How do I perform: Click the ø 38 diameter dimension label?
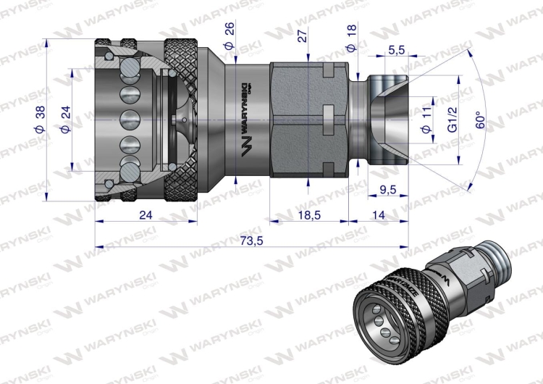pos(40,120)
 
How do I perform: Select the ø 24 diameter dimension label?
pos(65,120)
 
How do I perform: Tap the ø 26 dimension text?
pos(230,36)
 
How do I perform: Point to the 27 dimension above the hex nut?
pos(303,36)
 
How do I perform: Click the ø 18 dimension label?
pos(351,38)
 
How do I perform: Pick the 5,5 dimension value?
pos(397,50)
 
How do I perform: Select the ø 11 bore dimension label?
pos(426,120)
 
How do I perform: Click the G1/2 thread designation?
pos(452,119)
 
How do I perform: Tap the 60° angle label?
pos(480,120)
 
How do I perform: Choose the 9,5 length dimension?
pos(388,190)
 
